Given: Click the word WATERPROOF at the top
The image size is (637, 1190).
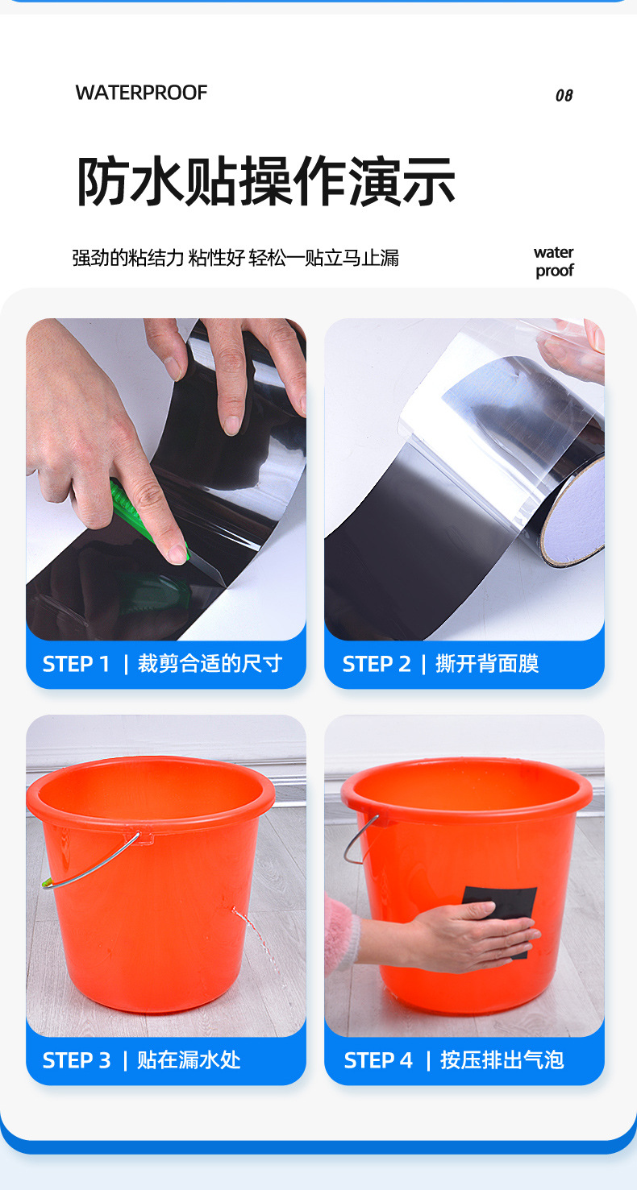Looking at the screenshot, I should pos(141,93).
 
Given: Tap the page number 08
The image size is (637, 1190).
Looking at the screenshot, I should pos(564,95).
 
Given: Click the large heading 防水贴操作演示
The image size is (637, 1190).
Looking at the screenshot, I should pos(265,181).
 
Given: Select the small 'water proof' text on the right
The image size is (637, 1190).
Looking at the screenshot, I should pos(554,262).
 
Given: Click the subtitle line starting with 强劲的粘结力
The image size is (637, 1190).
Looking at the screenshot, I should pos(235,258).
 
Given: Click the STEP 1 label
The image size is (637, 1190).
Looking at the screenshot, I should pos(75,664).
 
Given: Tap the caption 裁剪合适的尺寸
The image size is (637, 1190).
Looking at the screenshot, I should pos(210,664).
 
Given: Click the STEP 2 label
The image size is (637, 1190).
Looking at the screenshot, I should pos(376,664).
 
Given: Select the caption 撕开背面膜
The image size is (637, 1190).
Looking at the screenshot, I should pos(487,664).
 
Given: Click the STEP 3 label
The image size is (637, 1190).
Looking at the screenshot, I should pos(76,1060).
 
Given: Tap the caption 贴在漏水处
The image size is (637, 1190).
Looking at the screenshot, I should pos(189,1060).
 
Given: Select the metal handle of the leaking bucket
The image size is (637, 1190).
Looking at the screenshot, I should pos(93,862).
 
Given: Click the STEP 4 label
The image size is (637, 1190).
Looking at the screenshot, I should pos(377,1060).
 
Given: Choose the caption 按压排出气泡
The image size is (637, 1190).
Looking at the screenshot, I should pos(502,1060).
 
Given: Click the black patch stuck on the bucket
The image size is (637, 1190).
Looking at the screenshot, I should pos(500,906).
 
